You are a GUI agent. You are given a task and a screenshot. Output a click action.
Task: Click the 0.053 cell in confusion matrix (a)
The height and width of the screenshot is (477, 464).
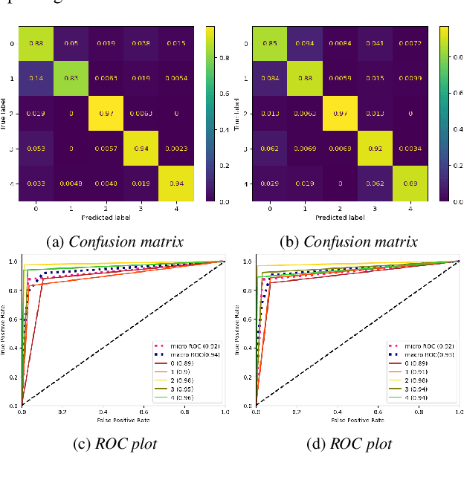(36, 147)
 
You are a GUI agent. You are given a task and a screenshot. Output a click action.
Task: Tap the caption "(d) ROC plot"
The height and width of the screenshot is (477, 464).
(349, 444)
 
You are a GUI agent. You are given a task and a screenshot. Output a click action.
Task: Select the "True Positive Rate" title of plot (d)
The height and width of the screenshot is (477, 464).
(239, 334)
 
